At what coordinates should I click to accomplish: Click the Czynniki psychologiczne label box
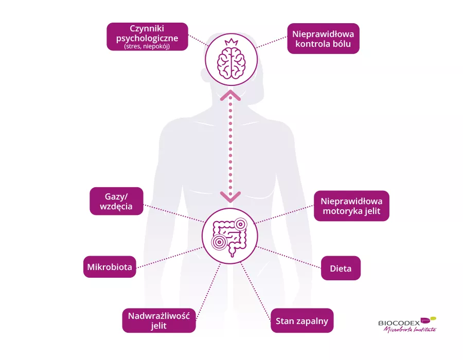pos(147,36)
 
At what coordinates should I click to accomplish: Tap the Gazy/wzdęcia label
pos(116,201)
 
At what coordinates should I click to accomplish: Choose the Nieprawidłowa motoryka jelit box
pos(351,206)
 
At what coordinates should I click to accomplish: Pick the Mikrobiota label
pos(110,267)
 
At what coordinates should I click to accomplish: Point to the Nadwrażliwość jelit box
pos(159,320)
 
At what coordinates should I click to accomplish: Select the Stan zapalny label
pos(302,321)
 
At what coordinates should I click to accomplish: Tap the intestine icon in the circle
pos(231,236)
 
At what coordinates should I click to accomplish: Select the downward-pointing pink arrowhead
pos(231,196)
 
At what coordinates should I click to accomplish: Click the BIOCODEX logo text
pos(399,323)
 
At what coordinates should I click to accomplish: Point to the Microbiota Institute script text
pos(409,330)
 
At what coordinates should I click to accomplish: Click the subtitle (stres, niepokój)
pos(147,46)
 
